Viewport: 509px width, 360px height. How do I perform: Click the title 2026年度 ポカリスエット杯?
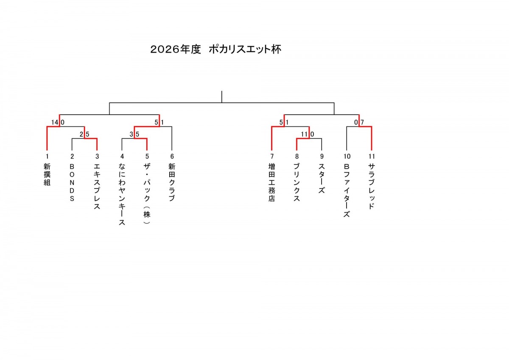[216, 49]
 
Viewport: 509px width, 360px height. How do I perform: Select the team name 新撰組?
[47, 174]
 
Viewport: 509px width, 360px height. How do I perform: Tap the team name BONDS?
[72, 183]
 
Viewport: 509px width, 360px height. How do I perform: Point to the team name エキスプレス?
[97, 186]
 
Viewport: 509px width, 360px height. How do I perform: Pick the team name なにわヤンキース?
[122, 194]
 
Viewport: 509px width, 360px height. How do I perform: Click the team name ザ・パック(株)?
[147, 194]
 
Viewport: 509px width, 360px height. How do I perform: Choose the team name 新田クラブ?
[172, 183]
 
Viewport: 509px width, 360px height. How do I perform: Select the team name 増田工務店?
[272, 183]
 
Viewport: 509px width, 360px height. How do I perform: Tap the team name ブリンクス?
[296, 183]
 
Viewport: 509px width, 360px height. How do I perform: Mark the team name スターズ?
[322, 179]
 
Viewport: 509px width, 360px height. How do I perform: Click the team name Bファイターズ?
[347, 191]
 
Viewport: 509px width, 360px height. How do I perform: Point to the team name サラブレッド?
[372, 186]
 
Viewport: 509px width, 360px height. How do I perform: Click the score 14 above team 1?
[55, 122]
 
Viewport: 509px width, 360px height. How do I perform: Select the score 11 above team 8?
[304, 134]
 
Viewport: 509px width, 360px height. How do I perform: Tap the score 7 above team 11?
[362, 122]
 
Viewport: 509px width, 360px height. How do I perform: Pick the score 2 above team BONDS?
[81, 134]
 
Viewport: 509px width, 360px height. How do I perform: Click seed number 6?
[172, 157]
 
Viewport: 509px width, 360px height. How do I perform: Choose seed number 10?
[347, 157]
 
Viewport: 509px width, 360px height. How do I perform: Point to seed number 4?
[122, 157]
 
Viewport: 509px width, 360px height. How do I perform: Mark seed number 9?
[322, 157]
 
